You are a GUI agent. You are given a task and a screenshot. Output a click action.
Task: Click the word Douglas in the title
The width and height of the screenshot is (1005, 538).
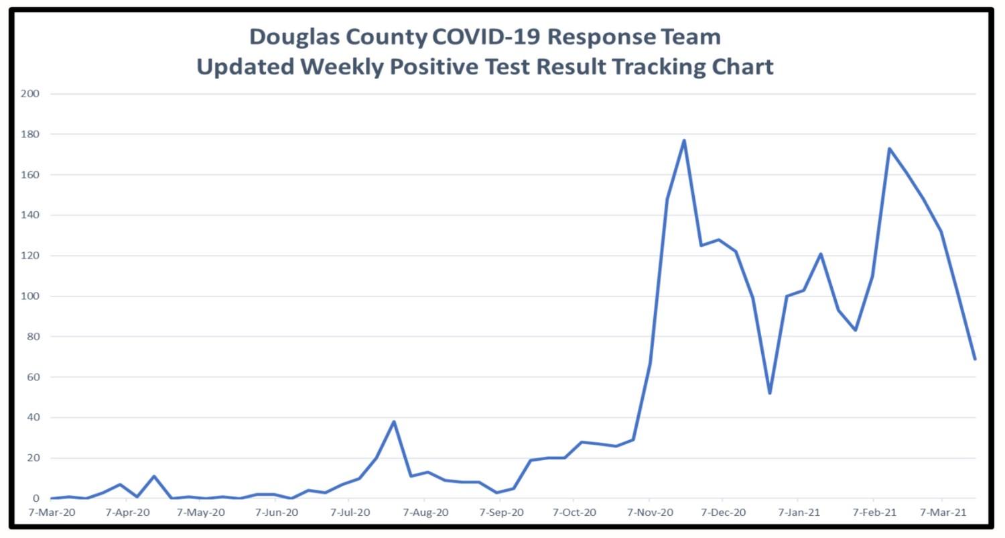294,36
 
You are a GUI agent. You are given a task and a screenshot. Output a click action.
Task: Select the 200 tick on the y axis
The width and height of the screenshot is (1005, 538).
31,94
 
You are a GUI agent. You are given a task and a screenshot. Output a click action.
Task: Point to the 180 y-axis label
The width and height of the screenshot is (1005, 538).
31,134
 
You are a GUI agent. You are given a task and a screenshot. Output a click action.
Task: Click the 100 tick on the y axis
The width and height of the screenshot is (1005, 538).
31,297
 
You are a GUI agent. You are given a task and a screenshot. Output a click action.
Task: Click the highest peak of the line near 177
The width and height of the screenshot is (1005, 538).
684,140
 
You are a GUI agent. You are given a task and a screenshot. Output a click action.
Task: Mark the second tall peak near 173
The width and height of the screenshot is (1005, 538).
889,148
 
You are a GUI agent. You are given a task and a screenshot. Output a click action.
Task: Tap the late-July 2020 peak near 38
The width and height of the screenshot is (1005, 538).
394,421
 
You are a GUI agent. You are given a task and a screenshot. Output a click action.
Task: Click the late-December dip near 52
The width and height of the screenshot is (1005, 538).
770,393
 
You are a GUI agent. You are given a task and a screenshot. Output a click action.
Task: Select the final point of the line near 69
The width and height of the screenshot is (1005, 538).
975,359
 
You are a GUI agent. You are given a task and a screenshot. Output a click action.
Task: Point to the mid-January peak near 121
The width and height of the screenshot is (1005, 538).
821,254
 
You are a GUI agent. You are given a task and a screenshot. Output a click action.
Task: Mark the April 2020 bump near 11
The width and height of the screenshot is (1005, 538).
154,476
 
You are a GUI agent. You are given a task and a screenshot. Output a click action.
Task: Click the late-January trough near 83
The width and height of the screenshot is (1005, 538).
856,330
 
